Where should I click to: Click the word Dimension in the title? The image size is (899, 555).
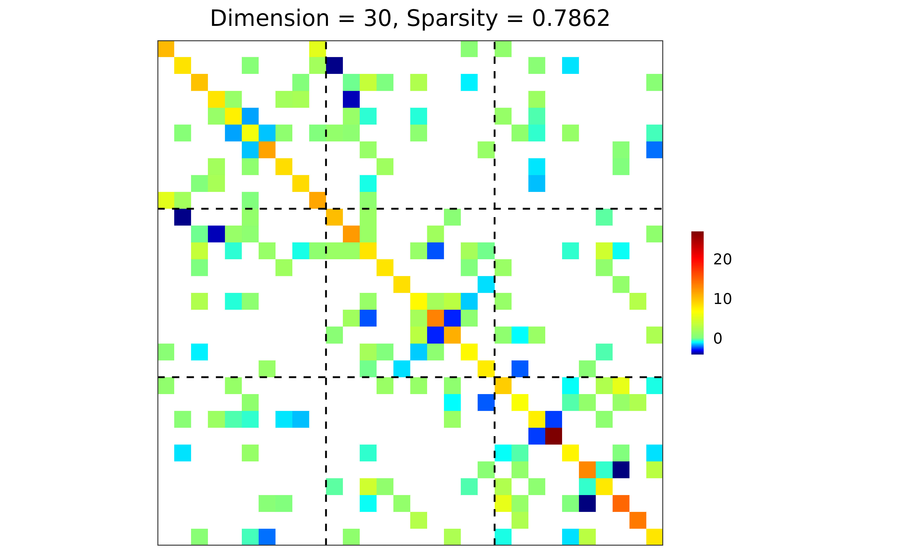[x=269, y=18]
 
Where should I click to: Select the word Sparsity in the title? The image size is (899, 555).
[x=452, y=18]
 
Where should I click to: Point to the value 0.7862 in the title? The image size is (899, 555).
[x=571, y=18]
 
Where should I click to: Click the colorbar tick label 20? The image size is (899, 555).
[x=722, y=259]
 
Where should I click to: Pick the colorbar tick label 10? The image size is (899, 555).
[x=722, y=299]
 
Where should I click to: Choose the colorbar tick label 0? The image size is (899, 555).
[x=718, y=338]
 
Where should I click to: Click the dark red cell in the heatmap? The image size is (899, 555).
[x=553, y=436]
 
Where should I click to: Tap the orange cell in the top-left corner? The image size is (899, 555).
[x=166, y=49]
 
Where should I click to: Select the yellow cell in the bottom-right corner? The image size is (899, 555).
[x=654, y=537]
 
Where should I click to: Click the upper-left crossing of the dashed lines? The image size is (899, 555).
[x=326, y=209]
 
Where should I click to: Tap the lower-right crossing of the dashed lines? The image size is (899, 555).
[x=494, y=377]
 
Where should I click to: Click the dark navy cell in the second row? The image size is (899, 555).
[x=334, y=65]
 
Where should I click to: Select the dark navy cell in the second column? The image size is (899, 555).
[x=183, y=217]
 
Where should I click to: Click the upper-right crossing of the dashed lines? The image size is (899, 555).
[x=494, y=209]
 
